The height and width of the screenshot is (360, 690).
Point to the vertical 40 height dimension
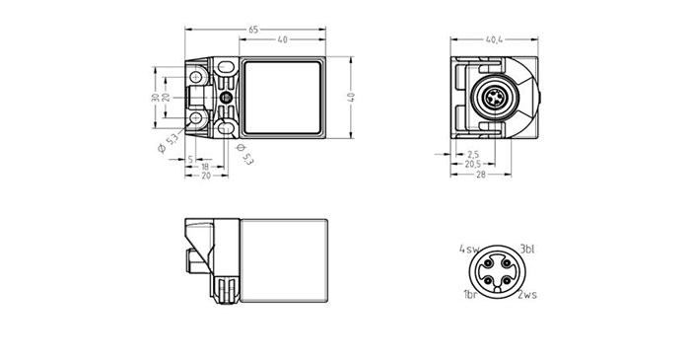[351, 98]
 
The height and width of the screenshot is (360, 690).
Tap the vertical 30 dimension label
[155, 98]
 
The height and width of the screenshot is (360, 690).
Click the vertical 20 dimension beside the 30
[167, 98]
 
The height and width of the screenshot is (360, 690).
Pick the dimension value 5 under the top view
[189, 159]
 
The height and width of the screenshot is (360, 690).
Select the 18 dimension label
[205, 168]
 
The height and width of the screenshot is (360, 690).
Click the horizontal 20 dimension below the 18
[205, 178]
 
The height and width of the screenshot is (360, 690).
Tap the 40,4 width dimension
[494, 41]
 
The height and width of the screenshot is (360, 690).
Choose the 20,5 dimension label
[473, 166]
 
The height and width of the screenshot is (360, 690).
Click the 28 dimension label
[482, 176]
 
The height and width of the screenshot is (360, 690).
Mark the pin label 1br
[470, 295]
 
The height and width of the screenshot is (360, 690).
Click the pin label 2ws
[527, 295]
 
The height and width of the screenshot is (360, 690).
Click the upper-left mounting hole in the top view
[197, 76]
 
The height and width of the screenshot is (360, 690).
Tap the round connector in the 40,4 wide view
[493, 99]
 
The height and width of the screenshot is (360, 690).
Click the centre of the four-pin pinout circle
[498, 271]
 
